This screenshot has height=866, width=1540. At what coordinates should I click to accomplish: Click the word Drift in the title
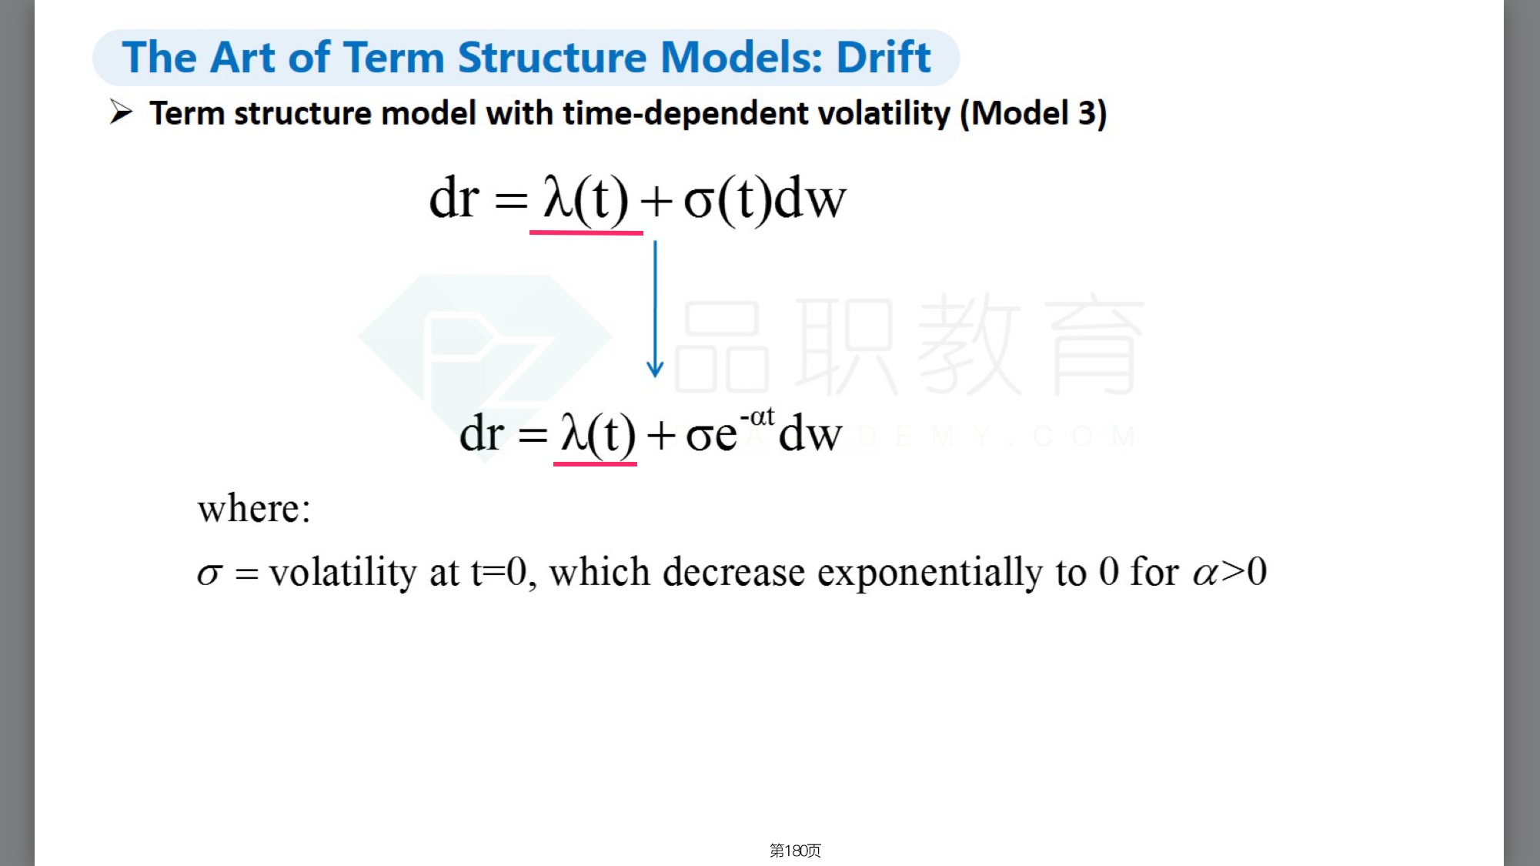pos(884,57)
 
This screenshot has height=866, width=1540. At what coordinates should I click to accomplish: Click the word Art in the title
pos(242,57)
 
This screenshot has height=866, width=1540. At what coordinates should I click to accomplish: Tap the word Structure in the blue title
pos(552,57)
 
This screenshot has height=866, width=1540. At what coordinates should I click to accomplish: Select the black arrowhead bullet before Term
pos(121,112)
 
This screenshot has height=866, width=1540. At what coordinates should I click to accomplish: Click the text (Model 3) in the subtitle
pos(1033,113)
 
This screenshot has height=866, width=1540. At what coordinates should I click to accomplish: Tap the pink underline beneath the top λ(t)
pos(586,232)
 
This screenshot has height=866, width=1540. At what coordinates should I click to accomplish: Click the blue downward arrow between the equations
pos(655,309)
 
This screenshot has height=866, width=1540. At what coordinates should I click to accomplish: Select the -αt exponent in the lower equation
pos(757,416)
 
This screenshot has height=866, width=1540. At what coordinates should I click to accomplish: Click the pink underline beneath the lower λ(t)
pos(595,463)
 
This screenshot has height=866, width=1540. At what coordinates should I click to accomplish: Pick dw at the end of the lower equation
pos(810,433)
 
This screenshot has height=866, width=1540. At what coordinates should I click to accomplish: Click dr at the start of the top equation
pos(454,198)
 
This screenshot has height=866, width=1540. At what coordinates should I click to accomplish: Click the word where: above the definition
pos(254,509)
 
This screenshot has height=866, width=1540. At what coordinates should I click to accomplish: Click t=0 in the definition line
pos(499,572)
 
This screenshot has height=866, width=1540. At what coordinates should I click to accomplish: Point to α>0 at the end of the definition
pos(1230,572)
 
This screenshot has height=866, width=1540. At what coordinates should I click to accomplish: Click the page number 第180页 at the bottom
pos(795,850)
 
